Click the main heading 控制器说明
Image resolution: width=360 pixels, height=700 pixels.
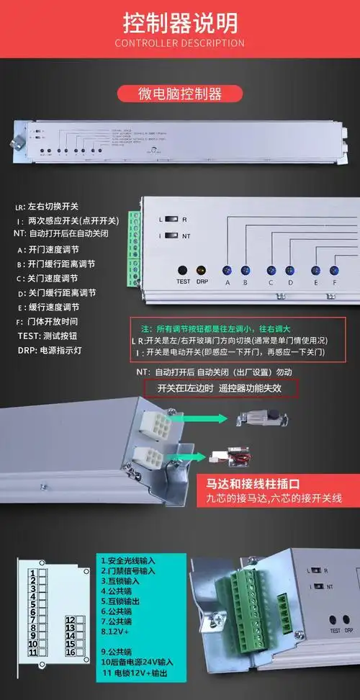180,23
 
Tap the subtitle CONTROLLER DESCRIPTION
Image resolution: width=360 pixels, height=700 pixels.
180,43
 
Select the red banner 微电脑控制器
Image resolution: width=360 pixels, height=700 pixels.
179,94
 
